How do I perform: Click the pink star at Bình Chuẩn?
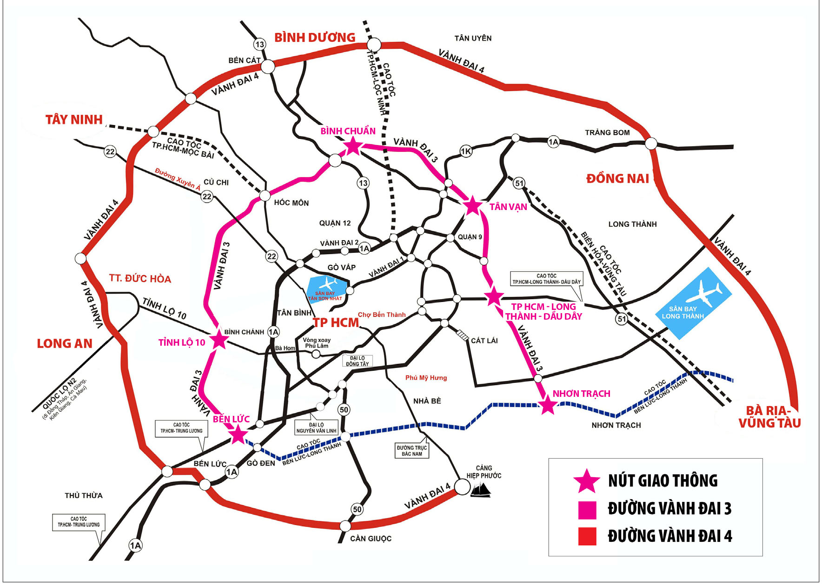click(353, 146)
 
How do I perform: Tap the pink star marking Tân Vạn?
click(472, 205)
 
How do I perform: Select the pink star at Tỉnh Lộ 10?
click(219, 340)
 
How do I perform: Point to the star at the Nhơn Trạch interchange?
click(548, 406)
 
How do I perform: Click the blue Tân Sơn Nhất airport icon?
click(327, 289)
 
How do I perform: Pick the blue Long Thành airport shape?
click(693, 302)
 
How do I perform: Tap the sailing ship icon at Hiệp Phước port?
click(481, 490)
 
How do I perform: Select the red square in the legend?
click(587, 536)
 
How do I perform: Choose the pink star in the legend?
click(587, 481)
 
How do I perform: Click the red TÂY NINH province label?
click(74, 120)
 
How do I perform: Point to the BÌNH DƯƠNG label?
click(315, 38)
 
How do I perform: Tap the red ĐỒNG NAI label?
click(617, 179)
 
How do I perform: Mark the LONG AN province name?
click(65, 344)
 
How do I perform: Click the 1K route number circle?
click(466, 151)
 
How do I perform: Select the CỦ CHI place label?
click(216, 183)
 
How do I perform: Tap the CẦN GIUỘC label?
click(371, 539)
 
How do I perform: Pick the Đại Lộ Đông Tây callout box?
click(357, 361)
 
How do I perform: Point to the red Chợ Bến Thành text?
click(381, 315)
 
